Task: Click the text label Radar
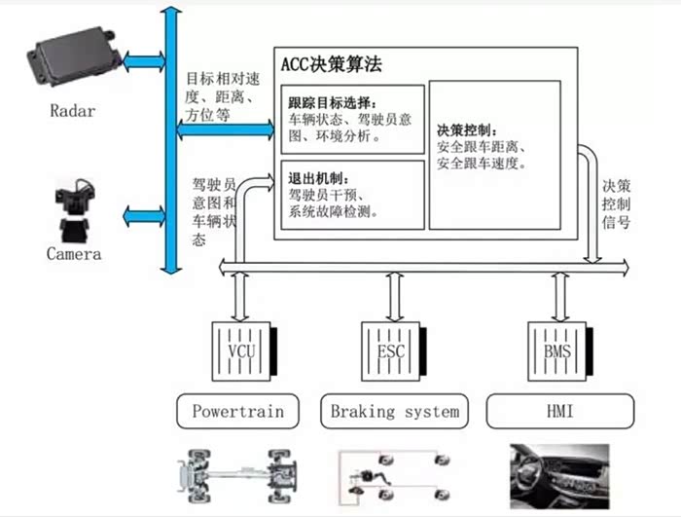pos(73,110)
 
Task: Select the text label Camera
pos(74,254)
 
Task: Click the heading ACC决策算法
pos(331,65)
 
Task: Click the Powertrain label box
pos(238,411)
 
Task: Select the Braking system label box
pos(394,411)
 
